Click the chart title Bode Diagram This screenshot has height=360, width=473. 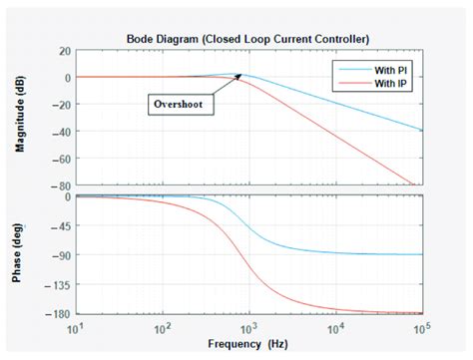click(x=248, y=38)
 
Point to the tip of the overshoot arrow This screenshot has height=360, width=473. click(x=240, y=79)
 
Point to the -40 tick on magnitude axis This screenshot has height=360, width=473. click(x=62, y=131)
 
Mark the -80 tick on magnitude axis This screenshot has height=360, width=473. click(x=62, y=184)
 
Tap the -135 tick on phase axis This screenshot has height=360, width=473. click(x=59, y=284)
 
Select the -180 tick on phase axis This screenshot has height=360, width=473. click(x=59, y=313)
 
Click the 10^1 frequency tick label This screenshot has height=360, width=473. click(x=76, y=326)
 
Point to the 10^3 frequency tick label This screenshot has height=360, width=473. click(x=249, y=326)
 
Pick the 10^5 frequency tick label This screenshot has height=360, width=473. click(x=423, y=326)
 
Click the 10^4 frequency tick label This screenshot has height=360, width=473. click(x=336, y=326)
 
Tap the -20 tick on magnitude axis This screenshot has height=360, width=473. click(x=62, y=104)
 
